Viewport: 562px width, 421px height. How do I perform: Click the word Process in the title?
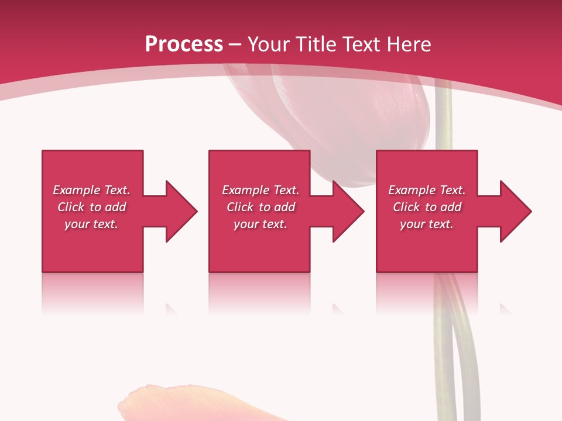184,44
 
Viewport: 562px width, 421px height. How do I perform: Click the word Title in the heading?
317,44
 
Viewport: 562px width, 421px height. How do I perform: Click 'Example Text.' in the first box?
91,190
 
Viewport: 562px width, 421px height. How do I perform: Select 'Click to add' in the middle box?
261,207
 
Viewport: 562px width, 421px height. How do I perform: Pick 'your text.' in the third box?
427,224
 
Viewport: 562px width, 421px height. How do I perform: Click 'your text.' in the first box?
91,224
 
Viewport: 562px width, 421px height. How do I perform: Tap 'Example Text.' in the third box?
427,190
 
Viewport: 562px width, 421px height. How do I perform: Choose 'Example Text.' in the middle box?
261,190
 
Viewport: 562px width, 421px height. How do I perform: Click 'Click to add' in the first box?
91,207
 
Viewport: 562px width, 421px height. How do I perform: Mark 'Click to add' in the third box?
427,207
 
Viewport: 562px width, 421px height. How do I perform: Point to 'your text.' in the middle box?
261,224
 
